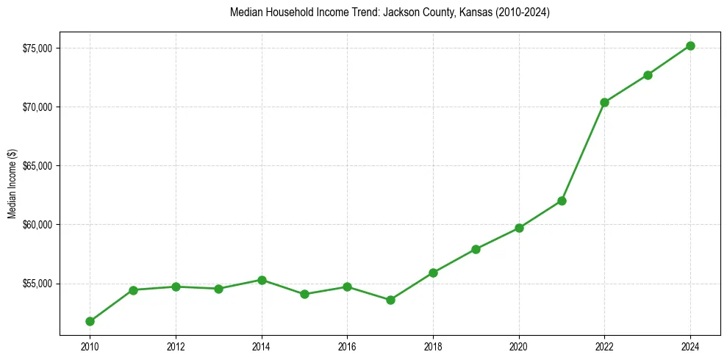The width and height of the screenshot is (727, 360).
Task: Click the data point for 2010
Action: click(90, 321)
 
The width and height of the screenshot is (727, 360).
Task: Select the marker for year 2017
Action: click(390, 300)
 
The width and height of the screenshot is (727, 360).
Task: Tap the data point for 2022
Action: click(604, 102)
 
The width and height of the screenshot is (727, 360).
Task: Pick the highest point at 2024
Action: click(690, 46)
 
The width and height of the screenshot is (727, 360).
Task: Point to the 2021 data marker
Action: click(562, 201)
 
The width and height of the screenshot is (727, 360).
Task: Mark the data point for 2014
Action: click(262, 280)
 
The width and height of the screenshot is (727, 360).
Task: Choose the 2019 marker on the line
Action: click(476, 249)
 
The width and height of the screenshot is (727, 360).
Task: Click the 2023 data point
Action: click(648, 75)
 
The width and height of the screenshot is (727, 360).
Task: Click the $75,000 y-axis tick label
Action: click(38, 48)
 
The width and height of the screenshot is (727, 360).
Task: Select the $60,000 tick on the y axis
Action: click(38, 225)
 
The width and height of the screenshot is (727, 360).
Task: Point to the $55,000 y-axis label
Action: click(38, 284)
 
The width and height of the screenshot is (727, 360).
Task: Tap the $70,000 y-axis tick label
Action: click(38, 107)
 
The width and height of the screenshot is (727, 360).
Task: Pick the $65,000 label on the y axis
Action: click(38, 166)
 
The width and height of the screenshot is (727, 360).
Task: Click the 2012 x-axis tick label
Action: click(176, 346)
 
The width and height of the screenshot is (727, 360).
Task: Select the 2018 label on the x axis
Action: click(433, 346)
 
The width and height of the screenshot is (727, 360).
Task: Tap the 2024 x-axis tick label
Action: click(690, 346)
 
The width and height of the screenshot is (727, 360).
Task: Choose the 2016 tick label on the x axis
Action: click(347, 346)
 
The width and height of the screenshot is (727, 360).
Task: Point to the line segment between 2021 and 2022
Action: click(583, 151)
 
